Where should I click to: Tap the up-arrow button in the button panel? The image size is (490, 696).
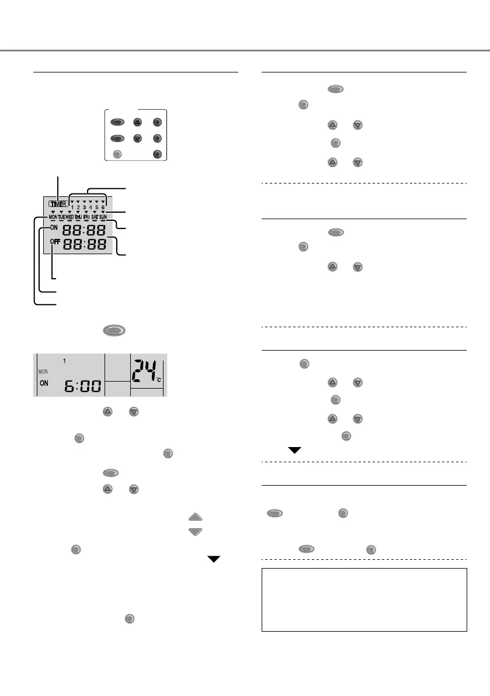click(137, 123)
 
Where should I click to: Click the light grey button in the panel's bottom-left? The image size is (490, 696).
click(117, 154)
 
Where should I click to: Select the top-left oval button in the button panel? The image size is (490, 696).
click(117, 123)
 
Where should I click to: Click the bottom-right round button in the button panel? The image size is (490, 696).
click(156, 154)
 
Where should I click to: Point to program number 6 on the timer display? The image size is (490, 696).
click(103, 207)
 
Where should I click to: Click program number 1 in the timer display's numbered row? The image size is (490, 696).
click(71, 207)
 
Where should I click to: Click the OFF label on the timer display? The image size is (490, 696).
click(55, 241)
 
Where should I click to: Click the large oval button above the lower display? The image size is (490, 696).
click(114, 331)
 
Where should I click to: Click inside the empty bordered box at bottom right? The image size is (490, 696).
click(364, 600)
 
